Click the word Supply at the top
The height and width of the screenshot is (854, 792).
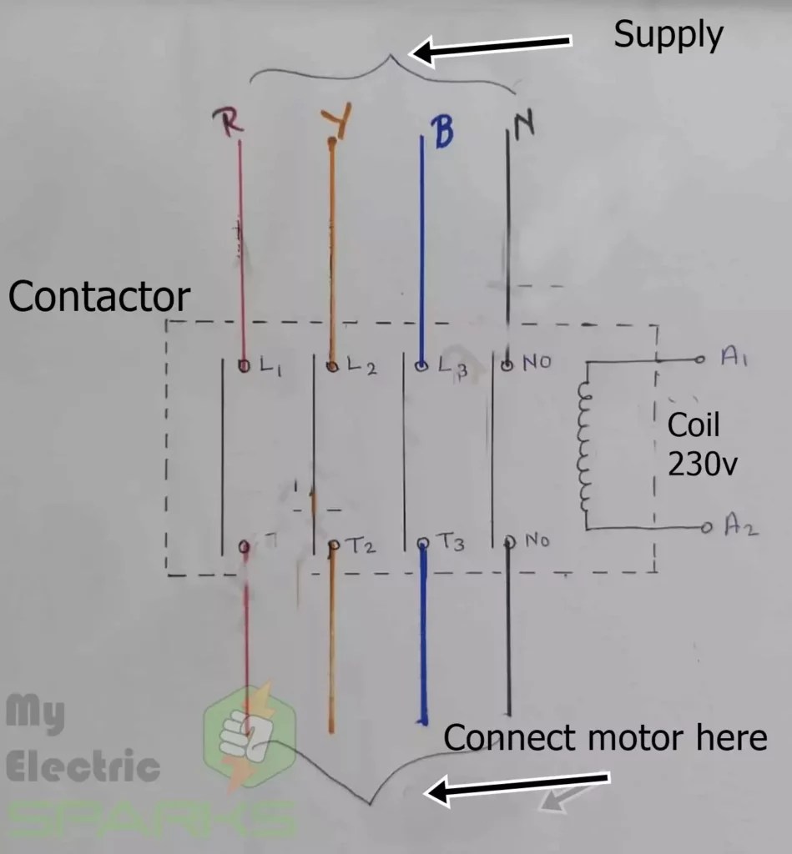[x=668, y=35]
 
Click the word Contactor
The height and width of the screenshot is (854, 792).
[x=99, y=297]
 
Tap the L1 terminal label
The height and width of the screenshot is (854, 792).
[x=270, y=365]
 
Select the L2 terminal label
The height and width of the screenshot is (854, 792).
[x=361, y=365]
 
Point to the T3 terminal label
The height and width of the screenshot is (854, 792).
[x=451, y=544]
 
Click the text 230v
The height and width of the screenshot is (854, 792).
[x=703, y=464]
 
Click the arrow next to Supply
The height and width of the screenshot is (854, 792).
[x=492, y=48]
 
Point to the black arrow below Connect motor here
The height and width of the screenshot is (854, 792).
[x=517, y=786]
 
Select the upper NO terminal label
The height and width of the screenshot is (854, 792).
[x=537, y=364]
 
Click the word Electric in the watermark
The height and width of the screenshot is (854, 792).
[x=83, y=766]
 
